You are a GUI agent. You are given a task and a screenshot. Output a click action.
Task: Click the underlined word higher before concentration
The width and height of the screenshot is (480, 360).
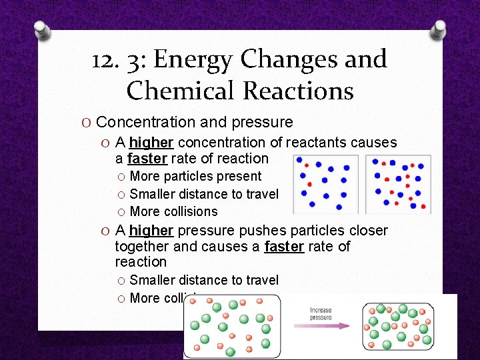(151, 143)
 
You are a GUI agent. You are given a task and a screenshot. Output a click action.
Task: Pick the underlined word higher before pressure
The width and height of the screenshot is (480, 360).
(151, 231)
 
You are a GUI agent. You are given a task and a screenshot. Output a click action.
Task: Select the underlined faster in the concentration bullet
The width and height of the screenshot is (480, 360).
(147, 159)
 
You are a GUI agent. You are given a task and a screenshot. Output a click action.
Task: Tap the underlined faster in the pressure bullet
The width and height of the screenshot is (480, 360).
(284, 247)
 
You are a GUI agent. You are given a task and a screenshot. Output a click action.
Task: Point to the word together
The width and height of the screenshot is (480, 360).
(142, 247)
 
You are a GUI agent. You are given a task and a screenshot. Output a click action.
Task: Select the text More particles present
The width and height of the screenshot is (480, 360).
(195, 176)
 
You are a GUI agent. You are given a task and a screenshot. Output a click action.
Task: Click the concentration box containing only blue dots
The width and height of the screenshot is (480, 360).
(325, 183)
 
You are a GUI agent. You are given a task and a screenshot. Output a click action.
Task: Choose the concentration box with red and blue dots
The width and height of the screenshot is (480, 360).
(398, 183)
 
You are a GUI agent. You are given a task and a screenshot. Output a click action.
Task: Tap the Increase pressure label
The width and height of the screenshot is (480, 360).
(321, 313)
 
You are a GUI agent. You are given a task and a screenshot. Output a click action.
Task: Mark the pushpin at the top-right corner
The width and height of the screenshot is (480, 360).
(439, 28)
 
